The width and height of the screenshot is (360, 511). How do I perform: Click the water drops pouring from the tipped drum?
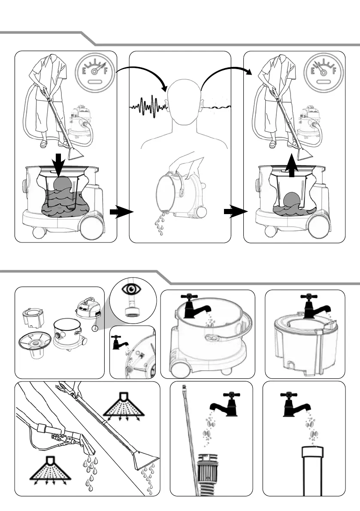point(161,223)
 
